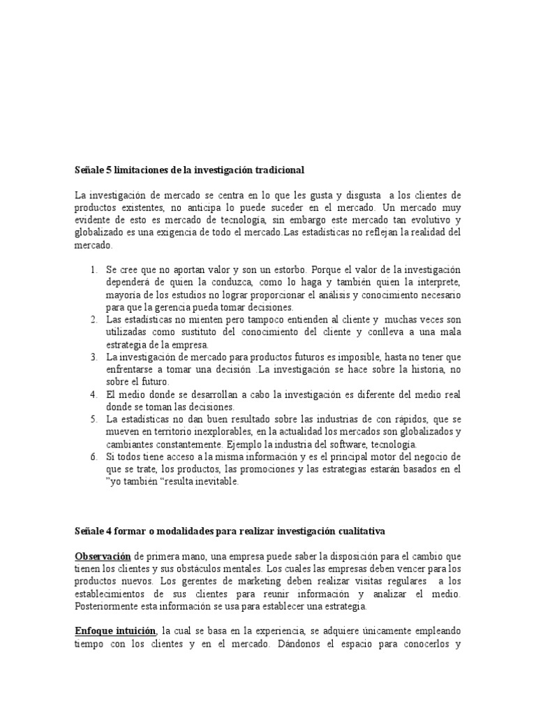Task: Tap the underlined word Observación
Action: (x=103, y=556)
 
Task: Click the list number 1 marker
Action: (x=94, y=270)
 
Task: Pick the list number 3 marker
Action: (x=94, y=357)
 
